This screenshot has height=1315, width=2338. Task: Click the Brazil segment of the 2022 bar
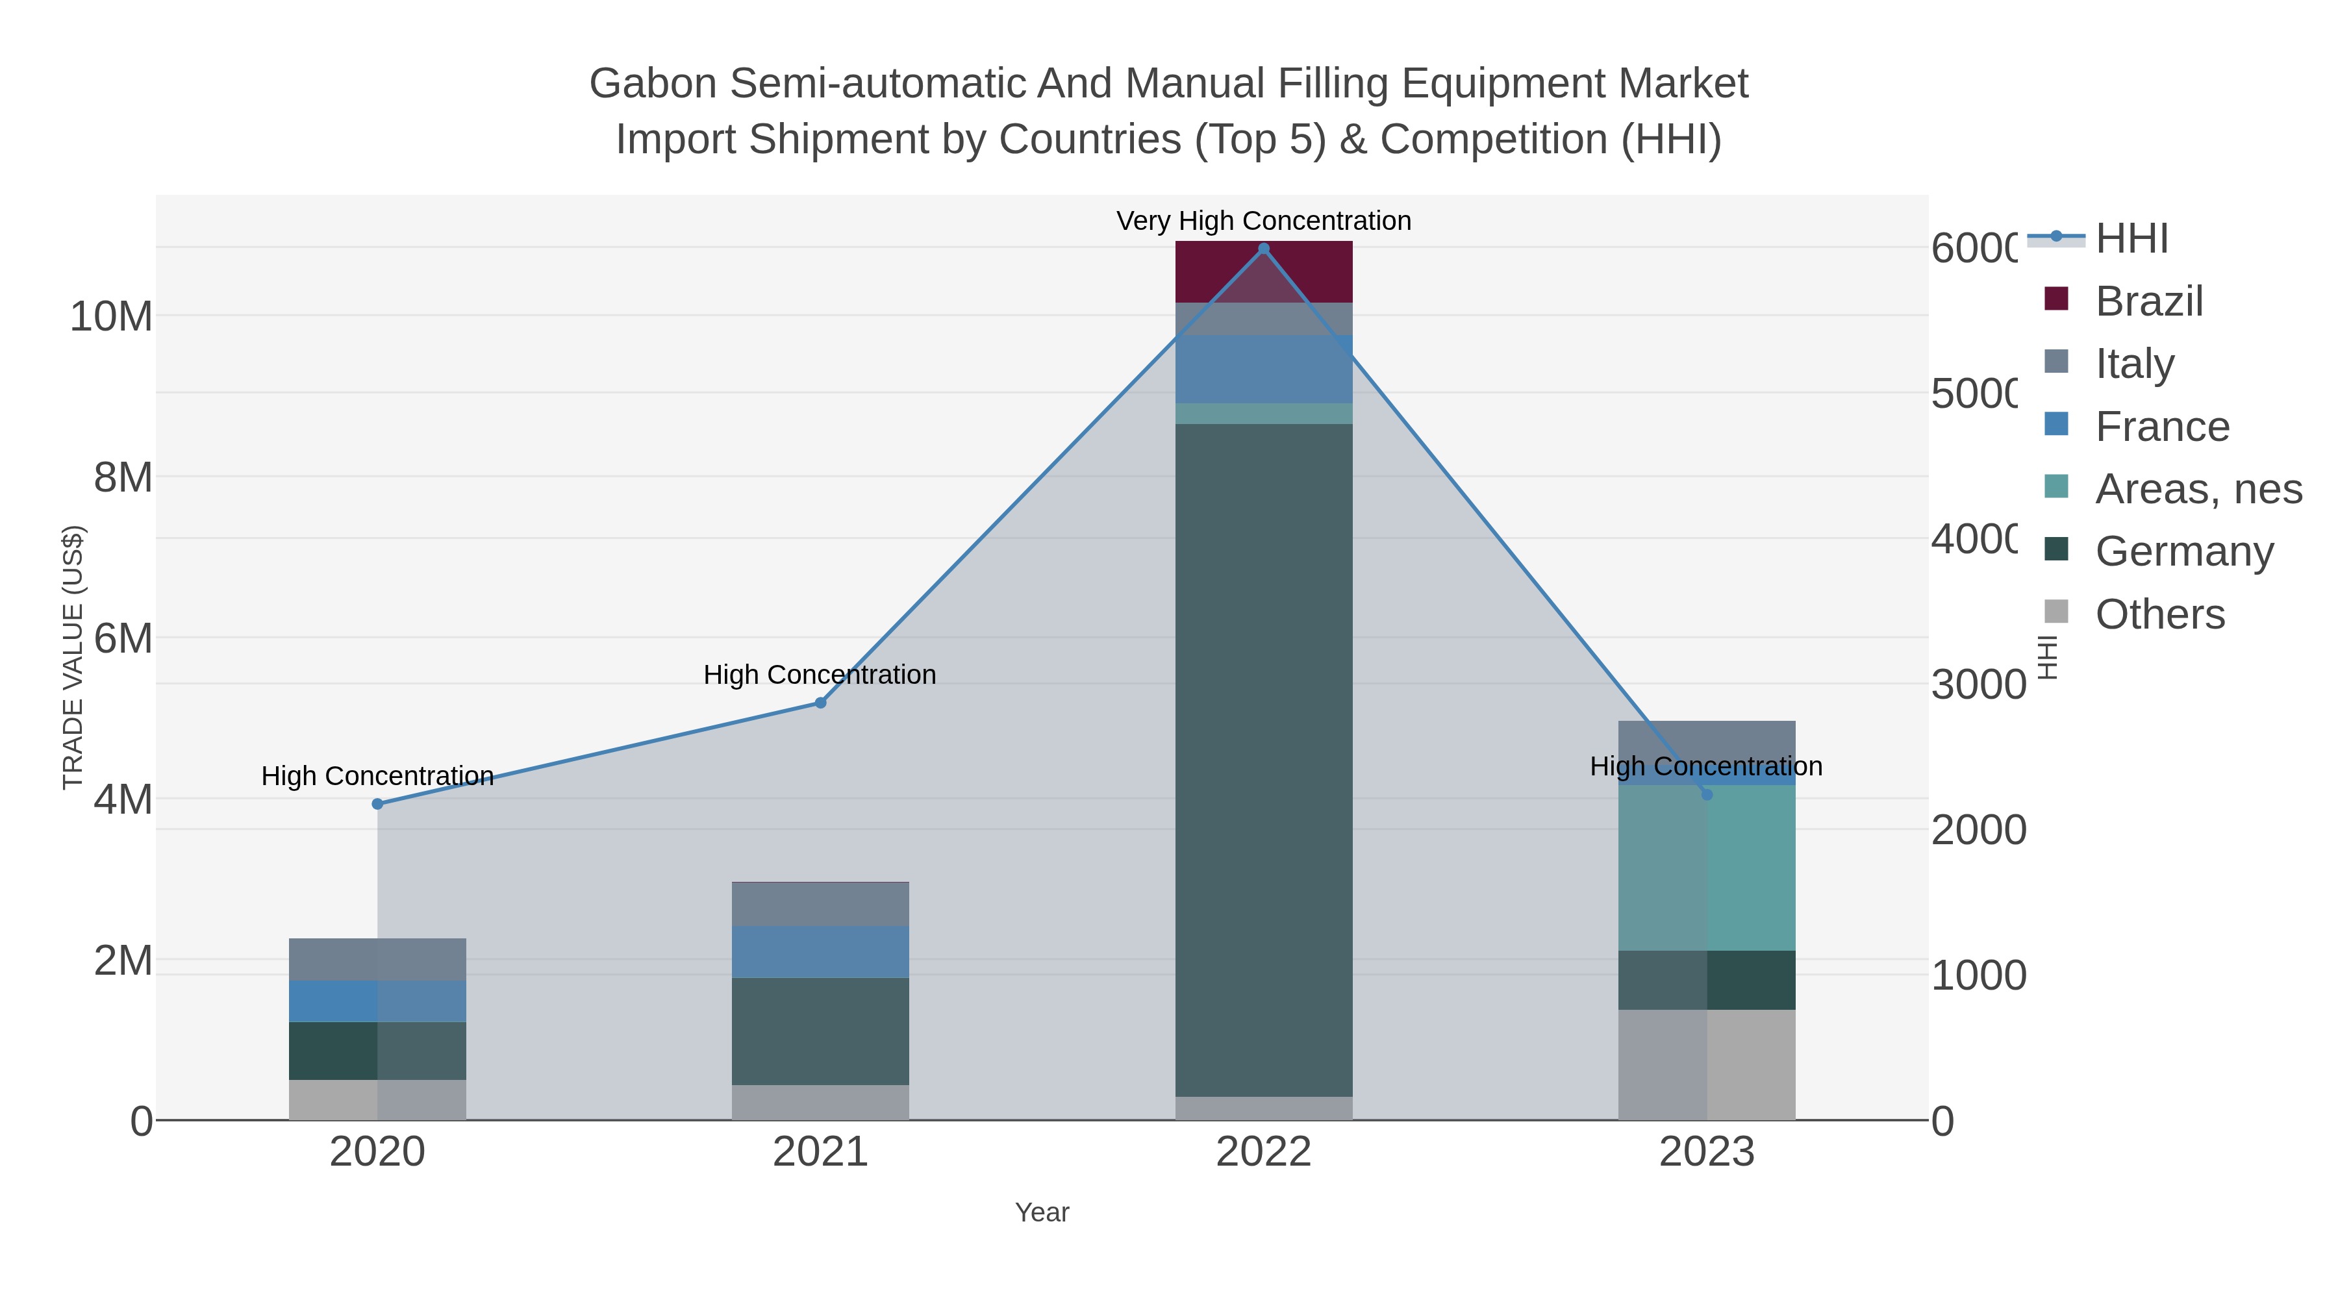1263,272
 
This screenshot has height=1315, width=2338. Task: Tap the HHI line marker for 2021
820,703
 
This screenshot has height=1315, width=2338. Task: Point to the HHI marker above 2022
1263,249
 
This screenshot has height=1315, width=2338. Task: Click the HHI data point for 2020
377,804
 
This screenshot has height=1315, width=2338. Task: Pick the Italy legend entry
2134,363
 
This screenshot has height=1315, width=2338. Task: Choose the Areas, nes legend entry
2197,489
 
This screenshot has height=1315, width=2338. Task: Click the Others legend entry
2159,614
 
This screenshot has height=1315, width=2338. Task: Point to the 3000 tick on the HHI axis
1977,685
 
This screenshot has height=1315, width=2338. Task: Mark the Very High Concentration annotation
1263,221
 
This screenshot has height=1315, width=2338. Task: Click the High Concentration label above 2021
820,674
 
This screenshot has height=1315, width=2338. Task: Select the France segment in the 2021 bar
820,951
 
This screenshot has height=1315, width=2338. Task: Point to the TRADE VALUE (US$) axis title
73,657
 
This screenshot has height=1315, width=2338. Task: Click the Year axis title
1042,1212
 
